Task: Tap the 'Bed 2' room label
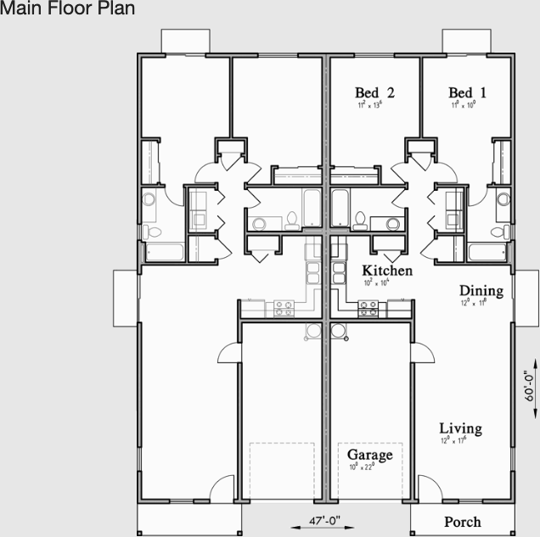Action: click(374, 92)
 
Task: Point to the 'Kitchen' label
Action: click(387, 271)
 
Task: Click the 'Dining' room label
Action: click(481, 291)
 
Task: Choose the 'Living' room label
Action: click(460, 428)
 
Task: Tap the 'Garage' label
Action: click(369, 456)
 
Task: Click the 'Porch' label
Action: click(462, 522)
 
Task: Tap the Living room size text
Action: click(460, 440)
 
